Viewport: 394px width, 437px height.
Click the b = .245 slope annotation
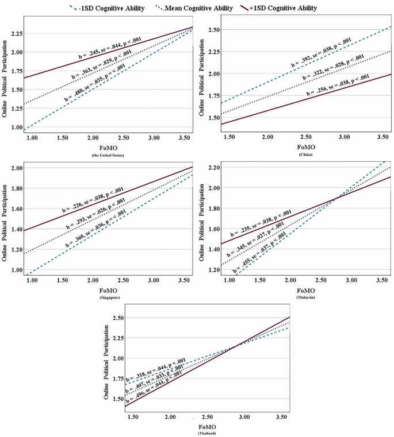pyautogui.click(x=108, y=52)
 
